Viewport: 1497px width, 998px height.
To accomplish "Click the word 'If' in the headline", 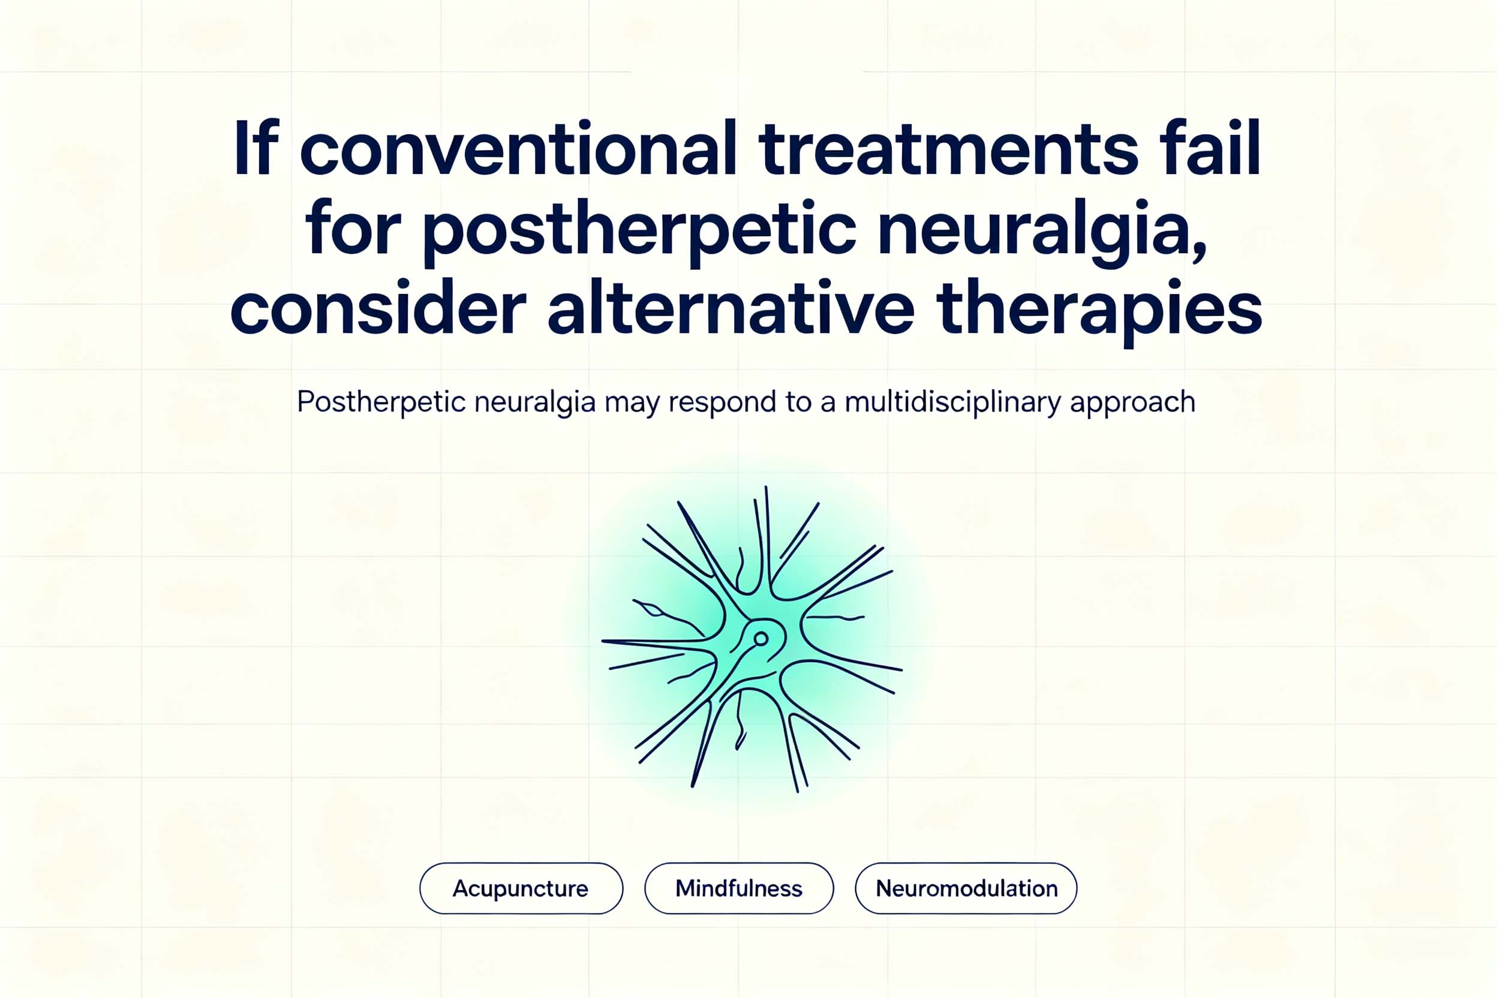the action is (x=256, y=147).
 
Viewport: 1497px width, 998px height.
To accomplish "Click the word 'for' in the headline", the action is (x=353, y=226).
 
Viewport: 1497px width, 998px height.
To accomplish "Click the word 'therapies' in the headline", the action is (x=1099, y=312).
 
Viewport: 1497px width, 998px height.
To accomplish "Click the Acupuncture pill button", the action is (x=521, y=888).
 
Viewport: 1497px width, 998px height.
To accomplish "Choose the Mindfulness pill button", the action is (x=739, y=888).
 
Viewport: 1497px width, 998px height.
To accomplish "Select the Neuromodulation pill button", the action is (x=966, y=888).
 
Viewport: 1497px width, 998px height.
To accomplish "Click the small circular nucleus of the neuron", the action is (x=760, y=638).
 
